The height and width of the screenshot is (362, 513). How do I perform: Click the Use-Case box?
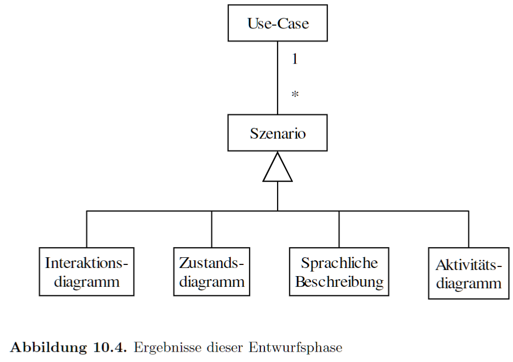click(x=278, y=23)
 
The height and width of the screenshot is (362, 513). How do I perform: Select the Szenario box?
click(x=278, y=133)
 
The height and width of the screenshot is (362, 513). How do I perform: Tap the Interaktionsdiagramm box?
click(x=87, y=272)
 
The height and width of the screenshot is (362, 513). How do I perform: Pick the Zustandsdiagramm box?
click(x=212, y=272)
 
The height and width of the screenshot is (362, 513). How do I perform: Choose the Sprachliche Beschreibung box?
click(x=339, y=272)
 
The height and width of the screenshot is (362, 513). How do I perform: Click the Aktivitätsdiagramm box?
click(x=469, y=274)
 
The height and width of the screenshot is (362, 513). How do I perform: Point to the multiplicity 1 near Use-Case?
click(x=295, y=59)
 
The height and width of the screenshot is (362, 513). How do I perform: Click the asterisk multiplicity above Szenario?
click(x=295, y=95)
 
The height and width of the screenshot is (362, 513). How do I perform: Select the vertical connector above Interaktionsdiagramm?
click(x=87, y=229)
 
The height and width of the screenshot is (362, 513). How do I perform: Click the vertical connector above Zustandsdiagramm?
click(x=212, y=229)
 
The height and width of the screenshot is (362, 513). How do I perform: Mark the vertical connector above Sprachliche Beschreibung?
click(x=339, y=229)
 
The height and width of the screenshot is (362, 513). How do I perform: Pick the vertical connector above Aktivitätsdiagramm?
click(x=468, y=229)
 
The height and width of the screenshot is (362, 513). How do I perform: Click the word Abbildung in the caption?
click(x=49, y=347)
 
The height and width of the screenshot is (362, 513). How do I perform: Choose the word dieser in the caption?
click(x=225, y=347)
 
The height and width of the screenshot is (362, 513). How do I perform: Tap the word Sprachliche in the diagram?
click(x=339, y=263)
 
